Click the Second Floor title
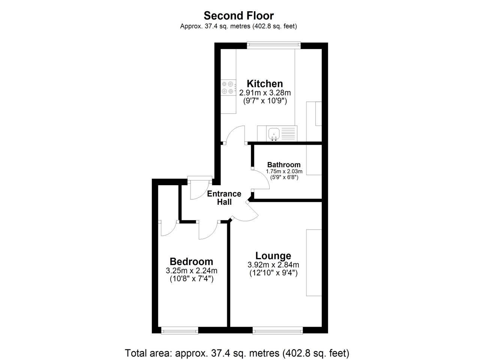[238, 16]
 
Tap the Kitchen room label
[265, 84]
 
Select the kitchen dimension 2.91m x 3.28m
[265, 93]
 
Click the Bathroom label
[284, 165]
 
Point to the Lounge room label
[273, 256]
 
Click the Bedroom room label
[191, 262]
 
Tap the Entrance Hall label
[224, 198]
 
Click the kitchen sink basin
[274, 134]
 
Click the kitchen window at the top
[274, 45]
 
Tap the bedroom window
[180, 330]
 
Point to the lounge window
[278, 330]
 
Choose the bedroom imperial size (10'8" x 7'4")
[192, 279]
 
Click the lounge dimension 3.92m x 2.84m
[273, 265]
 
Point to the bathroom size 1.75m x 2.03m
[284, 171]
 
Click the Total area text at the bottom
[237, 353]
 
